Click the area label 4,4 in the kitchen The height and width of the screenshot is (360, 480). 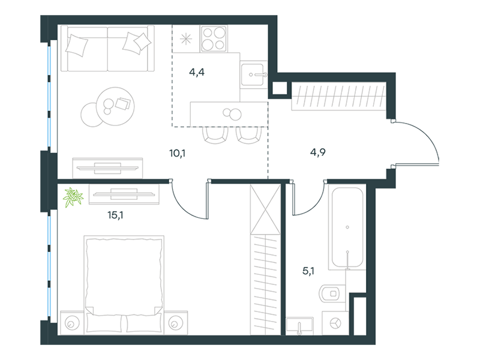tap(197, 72)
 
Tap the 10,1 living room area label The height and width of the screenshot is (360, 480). tap(177, 153)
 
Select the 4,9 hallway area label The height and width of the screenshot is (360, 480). tap(318, 152)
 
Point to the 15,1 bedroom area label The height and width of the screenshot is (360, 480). tap(115, 215)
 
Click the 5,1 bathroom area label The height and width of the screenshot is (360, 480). tap(308, 271)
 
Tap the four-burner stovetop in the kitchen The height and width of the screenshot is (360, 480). tap(214, 38)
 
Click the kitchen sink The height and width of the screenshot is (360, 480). tap(253, 74)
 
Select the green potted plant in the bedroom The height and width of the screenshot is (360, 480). tap(73, 197)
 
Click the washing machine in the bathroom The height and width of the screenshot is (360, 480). tap(336, 323)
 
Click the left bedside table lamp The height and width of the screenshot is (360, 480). tap(72, 323)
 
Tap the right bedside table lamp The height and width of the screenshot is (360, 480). tap(175, 323)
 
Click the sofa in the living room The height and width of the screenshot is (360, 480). tap(107, 49)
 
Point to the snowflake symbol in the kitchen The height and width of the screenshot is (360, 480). tap(185, 39)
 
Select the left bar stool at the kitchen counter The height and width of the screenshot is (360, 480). tap(215, 135)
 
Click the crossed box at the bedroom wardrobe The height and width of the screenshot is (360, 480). tap(265, 209)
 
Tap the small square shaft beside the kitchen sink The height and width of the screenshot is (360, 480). tap(280, 88)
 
